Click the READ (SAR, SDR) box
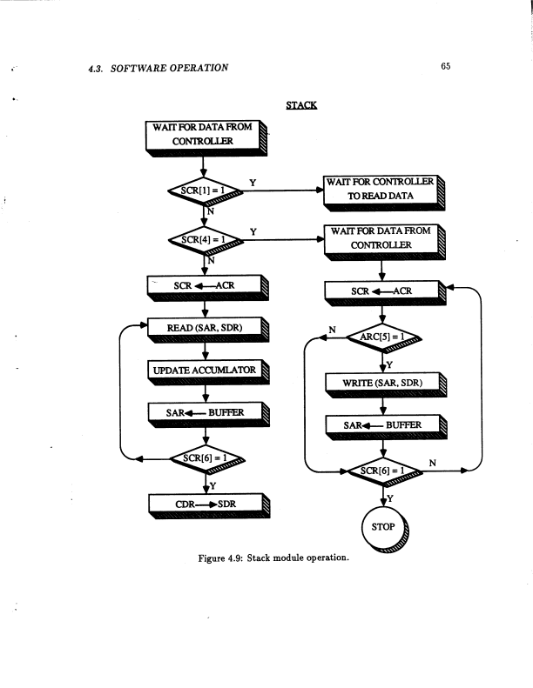pos(204,328)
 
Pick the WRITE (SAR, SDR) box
pos(384,382)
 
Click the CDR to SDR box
pos(204,504)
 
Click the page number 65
pos(444,67)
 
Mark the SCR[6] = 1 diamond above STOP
pos(384,470)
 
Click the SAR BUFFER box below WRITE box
pos(384,425)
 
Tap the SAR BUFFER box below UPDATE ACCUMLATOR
pos(204,413)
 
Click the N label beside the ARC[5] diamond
pos(331,330)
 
